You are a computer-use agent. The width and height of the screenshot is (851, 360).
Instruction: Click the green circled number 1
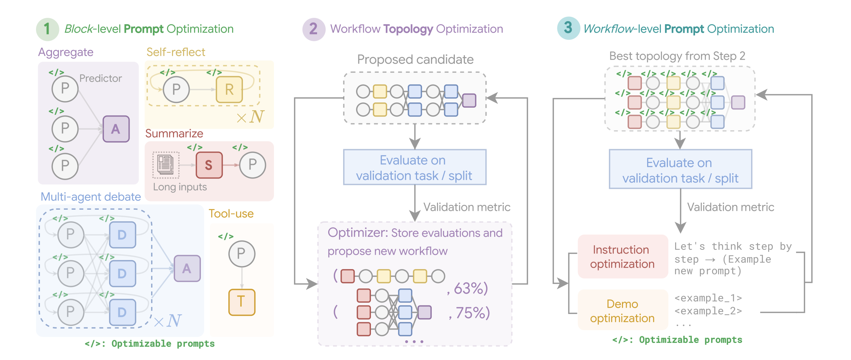[x=47, y=29]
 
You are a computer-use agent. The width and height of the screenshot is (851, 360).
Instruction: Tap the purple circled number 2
[x=314, y=29]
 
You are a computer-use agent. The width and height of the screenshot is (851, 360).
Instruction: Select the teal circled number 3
[x=568, y=28]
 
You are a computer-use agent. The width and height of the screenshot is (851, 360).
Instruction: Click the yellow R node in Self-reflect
[x=229, y=89]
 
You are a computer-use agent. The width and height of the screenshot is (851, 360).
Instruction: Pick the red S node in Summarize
[x=209, y=165]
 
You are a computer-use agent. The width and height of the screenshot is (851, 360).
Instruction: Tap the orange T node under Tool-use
[x=242, y=302]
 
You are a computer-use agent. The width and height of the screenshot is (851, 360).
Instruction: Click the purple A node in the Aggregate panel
[x=116, y=129]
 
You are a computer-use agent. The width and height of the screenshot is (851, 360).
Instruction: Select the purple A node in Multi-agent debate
[x=187, y=268]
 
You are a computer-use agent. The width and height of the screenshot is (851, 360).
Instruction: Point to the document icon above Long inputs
[x=166, y=165]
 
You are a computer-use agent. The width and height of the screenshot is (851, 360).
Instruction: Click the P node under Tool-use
[x=242, y=254]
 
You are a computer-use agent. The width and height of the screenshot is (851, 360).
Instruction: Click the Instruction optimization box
[x=623, y=256]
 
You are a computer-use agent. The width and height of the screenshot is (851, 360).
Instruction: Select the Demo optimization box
[x=623, y=311]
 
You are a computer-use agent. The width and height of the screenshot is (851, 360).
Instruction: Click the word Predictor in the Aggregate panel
[x=101, y=78]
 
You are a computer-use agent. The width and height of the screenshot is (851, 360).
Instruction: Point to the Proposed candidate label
[x=415, y=59]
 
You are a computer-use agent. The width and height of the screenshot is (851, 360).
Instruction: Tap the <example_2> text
[x=708, y=311]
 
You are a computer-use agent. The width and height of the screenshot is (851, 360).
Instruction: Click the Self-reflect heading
[x=176, y=52]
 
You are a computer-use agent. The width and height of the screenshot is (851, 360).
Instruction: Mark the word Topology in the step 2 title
[x=408, y=29]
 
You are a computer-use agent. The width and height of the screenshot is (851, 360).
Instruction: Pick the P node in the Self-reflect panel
[x=176, y=89]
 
